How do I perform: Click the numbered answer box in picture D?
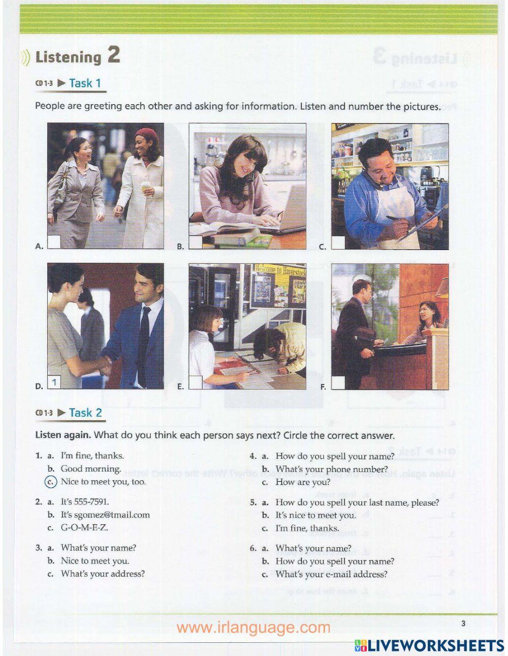54,383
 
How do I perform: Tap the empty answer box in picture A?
54,242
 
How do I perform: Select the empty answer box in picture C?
338,243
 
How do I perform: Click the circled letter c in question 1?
51,482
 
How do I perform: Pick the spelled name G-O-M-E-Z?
84,527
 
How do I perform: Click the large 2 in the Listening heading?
113,55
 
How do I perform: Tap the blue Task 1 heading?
85,83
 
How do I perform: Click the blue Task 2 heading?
86,413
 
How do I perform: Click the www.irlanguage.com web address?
253,628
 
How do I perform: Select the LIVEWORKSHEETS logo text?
434,645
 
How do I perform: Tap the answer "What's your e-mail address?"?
331,574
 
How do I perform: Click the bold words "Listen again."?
63,435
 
